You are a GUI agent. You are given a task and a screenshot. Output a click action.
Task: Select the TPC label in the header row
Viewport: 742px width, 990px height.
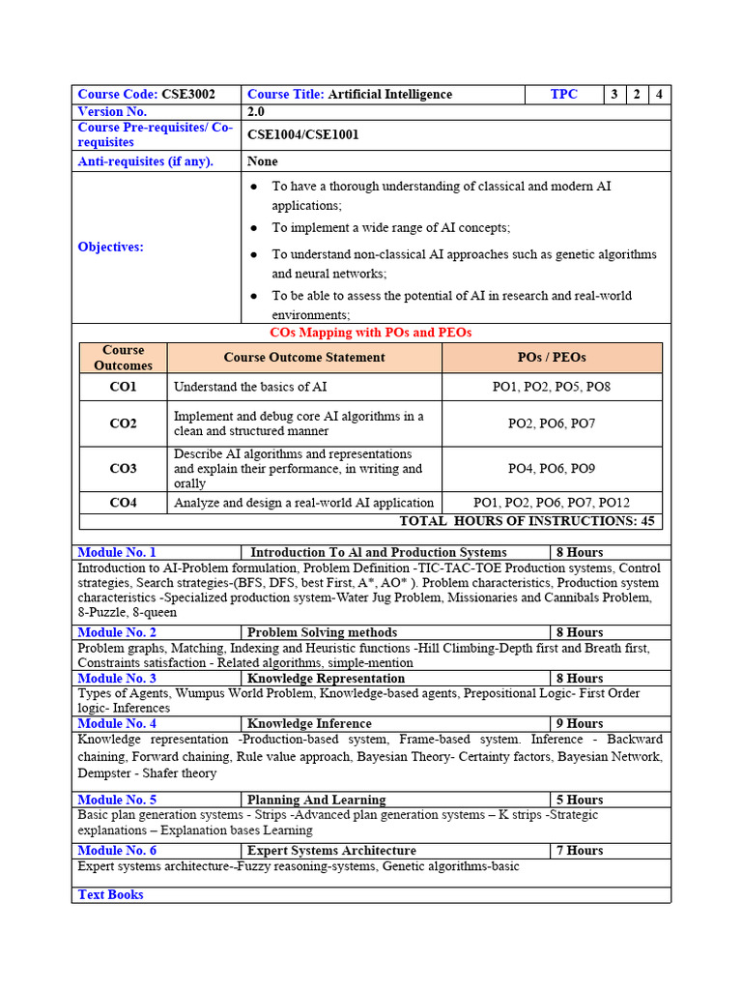(564, 95)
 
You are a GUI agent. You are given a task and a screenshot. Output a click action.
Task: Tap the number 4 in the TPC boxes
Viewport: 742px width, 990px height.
(659, 95)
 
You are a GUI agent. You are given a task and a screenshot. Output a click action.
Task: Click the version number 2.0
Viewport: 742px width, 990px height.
(256, 112)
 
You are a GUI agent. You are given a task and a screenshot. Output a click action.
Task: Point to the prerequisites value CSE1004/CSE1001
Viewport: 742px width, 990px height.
(302, 134)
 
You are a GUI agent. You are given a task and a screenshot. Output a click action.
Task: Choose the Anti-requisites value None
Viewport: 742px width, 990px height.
(262, 161)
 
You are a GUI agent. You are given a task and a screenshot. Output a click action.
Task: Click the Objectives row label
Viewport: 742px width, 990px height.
(110, 247)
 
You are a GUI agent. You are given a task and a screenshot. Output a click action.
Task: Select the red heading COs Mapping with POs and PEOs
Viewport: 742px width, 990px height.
(370, 333)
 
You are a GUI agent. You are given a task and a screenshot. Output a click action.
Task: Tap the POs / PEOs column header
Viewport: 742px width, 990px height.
(552, 358)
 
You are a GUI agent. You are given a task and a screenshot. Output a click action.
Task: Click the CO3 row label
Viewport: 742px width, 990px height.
(123, 469)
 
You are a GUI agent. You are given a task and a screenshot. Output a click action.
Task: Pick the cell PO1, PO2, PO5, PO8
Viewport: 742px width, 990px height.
(552, 388)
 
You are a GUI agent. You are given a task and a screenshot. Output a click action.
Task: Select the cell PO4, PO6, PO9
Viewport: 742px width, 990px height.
(552, 469)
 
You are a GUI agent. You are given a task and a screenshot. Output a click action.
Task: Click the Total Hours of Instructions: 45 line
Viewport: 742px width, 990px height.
(527, 521)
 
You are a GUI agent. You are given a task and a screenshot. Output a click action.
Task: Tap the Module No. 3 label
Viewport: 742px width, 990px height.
(117, 679)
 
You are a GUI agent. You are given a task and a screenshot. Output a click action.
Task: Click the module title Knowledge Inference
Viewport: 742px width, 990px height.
(309, 723)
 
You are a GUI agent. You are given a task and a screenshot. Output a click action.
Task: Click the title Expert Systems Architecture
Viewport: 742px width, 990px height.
(331, 851)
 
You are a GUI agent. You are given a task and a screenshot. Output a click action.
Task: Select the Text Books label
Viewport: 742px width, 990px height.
(110, 895)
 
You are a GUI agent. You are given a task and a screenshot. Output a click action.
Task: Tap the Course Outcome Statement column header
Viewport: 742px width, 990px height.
(304, 358)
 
